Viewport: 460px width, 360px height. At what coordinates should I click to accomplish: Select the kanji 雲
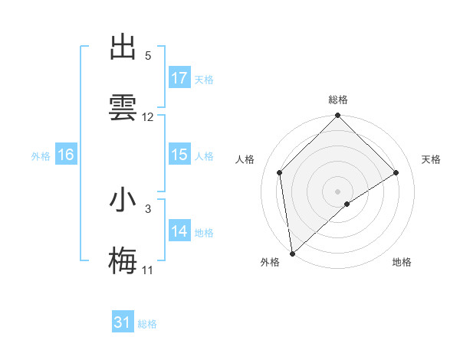point(123,106)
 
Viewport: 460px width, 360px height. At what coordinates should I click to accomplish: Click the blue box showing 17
point(179,78)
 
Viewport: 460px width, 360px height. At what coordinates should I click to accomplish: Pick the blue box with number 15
point(179,155)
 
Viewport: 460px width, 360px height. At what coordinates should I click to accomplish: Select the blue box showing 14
point(179,231)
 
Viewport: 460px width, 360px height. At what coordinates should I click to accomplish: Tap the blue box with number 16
point(66,155)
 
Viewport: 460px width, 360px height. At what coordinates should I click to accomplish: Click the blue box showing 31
point(123,322)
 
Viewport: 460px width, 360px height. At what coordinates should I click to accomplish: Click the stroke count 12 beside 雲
point(148,117)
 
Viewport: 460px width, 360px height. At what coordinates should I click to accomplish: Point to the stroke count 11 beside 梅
point(147,270)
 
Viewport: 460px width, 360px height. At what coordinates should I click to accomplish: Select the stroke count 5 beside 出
point(148,56)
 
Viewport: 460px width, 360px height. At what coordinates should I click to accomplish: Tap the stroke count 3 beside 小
point(148,208)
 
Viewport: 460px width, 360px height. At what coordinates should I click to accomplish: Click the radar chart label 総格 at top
point(338,100)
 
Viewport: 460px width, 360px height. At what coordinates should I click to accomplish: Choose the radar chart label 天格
point(431,159)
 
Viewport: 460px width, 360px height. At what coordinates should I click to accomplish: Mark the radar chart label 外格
point(269,262)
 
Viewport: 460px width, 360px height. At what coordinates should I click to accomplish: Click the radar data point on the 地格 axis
point(347,204)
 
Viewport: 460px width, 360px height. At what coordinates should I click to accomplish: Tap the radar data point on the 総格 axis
point(338,116)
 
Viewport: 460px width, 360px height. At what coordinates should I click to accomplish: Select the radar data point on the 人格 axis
point(280,172)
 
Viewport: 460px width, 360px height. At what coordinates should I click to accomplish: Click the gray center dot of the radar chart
point(338,191)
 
